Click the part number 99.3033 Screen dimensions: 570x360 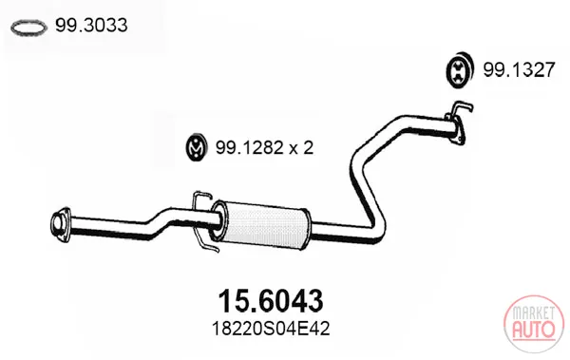[x=91, y=26]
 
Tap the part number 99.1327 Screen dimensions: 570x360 [x=519, y=69]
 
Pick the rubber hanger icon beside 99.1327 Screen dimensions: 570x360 [x=460, y=70]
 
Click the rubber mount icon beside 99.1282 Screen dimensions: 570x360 [x=197, y=147]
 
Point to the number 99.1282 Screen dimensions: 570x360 [x=249, y=147]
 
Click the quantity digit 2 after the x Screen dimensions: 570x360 [x=308, y=147]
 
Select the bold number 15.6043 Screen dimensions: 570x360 [x=271, y=301]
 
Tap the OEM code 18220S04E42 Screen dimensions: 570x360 [x=271, y=329]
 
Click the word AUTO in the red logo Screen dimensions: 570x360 [x=534, y=329]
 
